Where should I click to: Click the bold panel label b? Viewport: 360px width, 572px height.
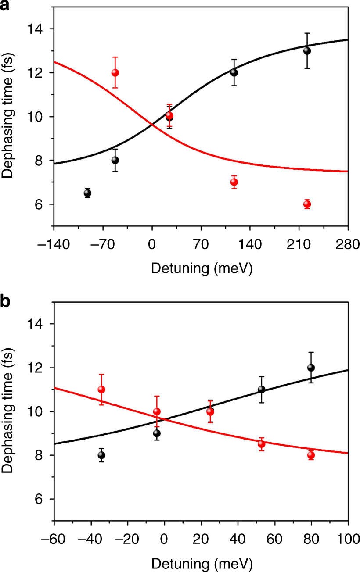pos(6,302)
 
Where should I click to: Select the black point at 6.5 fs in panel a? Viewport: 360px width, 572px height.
pos(87,193)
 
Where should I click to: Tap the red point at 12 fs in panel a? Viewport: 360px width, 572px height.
pos(115,73)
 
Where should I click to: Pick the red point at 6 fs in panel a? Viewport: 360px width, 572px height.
pos(307,204)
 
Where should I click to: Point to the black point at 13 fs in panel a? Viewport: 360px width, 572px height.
pos(307,51)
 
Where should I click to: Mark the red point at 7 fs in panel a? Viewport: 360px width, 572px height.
pos(234,182)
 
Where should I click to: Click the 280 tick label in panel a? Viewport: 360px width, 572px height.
pos(348,243)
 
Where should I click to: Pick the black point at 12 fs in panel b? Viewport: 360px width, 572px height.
pos(311,368)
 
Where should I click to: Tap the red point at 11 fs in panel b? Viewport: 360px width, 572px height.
pos(101,390)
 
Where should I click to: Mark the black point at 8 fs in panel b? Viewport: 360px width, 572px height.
pos(101,455)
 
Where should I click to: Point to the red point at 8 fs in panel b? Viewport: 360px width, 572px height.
pos(311,455)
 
